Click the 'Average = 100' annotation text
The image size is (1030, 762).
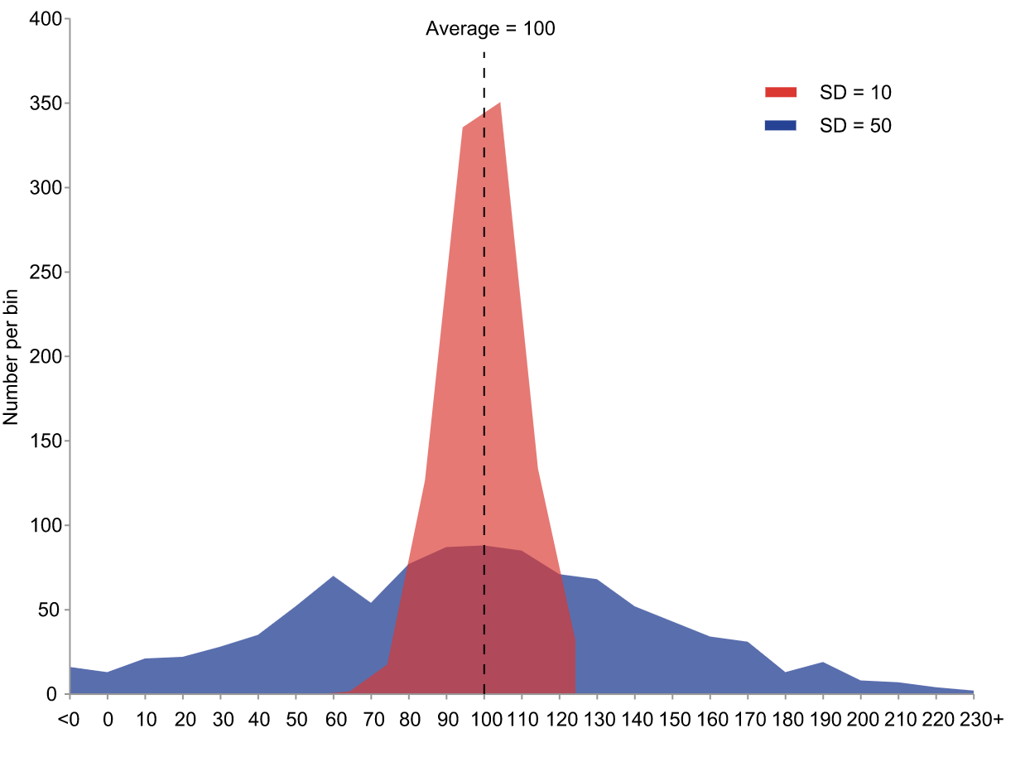(x=490, y=29)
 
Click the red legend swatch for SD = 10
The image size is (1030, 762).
(x=780, y=92)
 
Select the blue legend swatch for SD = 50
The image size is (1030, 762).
(x=780, y=126)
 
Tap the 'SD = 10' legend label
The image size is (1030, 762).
(x=855, y=92)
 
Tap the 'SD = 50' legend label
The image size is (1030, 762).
(x=855, y=126)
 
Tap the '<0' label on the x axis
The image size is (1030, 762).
(x=69, y=719)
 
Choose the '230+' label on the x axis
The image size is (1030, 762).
(x=981, y=719)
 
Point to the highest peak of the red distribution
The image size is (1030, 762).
(x=499, y=104)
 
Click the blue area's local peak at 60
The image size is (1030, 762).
(x=333, y=577)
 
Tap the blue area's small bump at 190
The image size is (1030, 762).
(x=822, y=663)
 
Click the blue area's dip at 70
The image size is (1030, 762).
(x=370, y=604)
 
